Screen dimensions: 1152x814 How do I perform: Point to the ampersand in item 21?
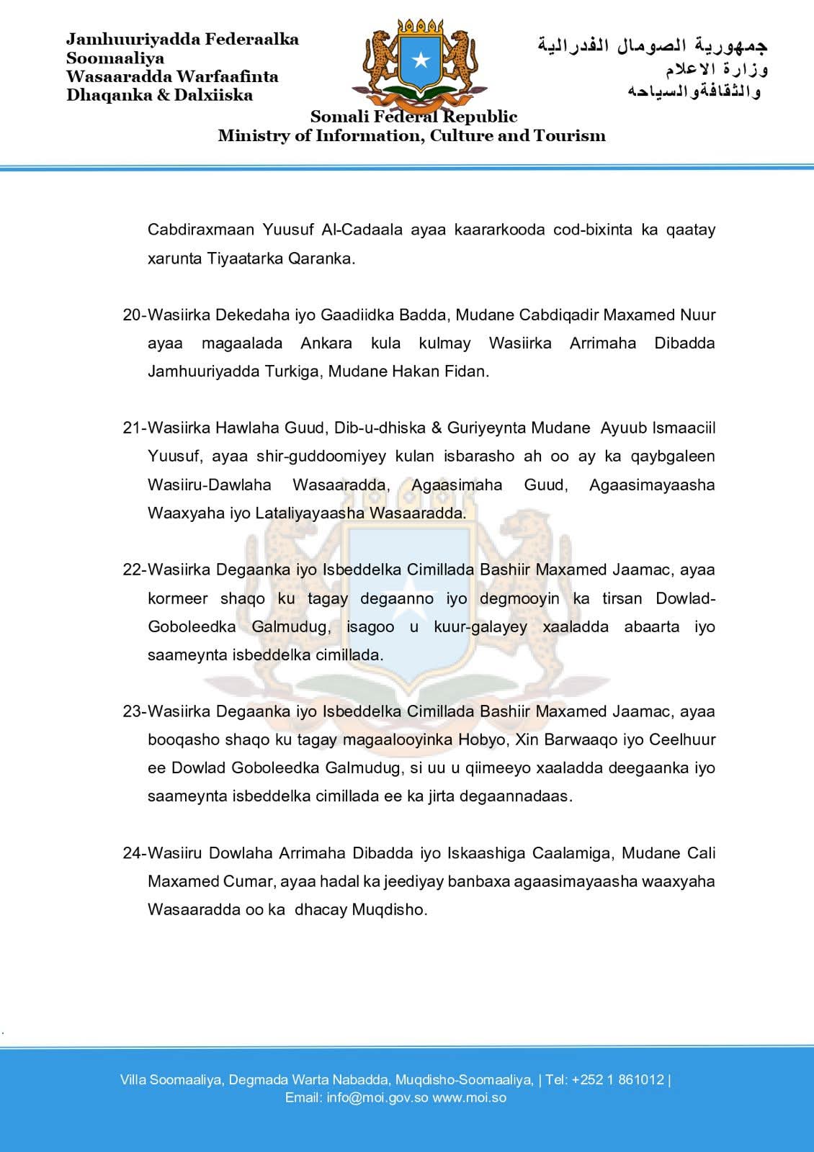pyautogui.click(x=436, y=428)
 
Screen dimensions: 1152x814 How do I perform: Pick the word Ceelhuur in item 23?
pyautogui.click(x=683, y=739)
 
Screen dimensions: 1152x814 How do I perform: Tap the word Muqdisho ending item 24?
pyautogui.click(x=389, y=909)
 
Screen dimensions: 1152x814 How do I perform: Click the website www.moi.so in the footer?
pyautogui.click(x=469, y=1098)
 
